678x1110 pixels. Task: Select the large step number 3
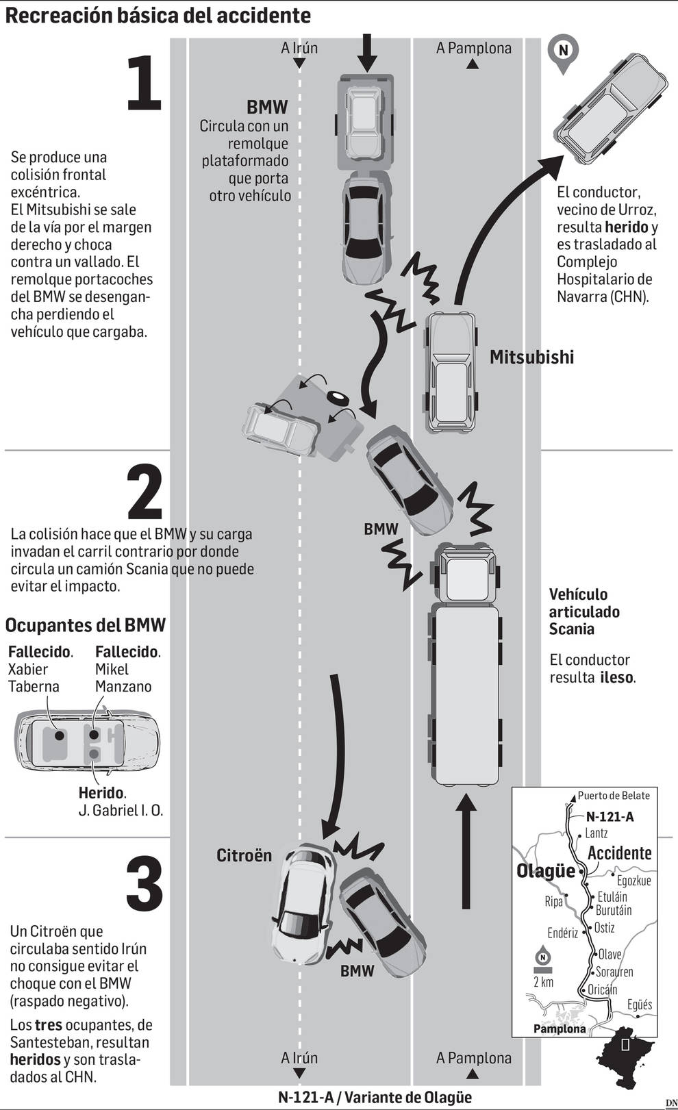point(145,883)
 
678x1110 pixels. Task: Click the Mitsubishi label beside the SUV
point(531,357)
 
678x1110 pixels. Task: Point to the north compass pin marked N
point(563,51)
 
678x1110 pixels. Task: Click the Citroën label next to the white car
point(244,855)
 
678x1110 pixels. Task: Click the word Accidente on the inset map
point(619,853)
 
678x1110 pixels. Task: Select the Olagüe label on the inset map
point(545,872)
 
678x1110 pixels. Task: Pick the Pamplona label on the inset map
point(560,1029)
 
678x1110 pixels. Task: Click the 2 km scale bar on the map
point(542,970)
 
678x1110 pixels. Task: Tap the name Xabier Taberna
point(34,678)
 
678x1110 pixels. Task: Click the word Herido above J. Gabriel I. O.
point(101,793)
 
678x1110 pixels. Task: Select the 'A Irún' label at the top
point(299,48)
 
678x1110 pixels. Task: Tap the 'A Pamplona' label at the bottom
point(473,1058)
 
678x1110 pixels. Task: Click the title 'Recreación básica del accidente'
point(158,15)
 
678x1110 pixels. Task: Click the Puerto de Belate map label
point(613,796)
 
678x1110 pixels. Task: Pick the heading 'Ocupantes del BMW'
point(86,625)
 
